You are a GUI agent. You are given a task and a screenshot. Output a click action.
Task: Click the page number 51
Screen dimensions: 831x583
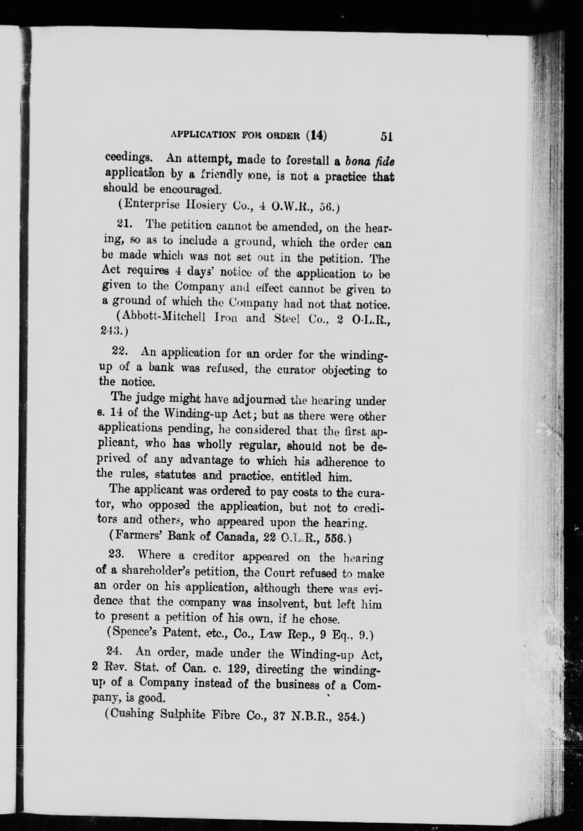tap(387, 137)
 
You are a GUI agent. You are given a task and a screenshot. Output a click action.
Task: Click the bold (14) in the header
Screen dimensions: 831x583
tap(316, 136)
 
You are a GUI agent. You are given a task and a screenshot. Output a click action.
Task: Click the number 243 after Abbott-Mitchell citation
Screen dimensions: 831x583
tap(110, 332)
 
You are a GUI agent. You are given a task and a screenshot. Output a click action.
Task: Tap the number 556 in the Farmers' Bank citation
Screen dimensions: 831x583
tap(335, 538)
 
